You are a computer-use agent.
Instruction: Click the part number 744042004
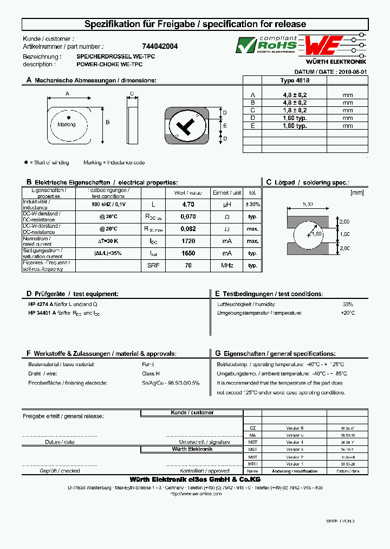pos(160,47)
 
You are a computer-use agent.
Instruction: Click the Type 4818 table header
pos(295,80)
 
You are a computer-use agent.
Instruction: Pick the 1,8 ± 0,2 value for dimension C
pos(295,110)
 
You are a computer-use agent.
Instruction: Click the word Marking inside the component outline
pos(67,124)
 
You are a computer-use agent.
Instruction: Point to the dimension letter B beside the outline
pos(107,123)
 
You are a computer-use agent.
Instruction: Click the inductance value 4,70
pos(188,205)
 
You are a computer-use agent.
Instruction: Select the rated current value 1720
pos(188,241)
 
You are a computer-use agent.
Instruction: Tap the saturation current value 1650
pos(188,253)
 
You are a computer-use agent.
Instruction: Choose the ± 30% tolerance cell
pos(252,205)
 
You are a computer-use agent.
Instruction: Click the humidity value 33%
pos(347,304)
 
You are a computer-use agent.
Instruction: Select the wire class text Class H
pos(151,374)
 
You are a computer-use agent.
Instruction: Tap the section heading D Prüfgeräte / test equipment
pos(72,293)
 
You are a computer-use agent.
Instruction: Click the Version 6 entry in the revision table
pos(295,428)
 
